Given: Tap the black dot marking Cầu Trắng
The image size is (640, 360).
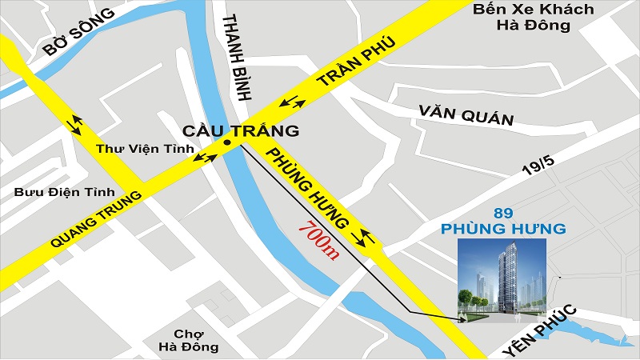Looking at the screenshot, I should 228,144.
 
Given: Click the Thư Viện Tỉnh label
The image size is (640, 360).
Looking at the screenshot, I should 135,149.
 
